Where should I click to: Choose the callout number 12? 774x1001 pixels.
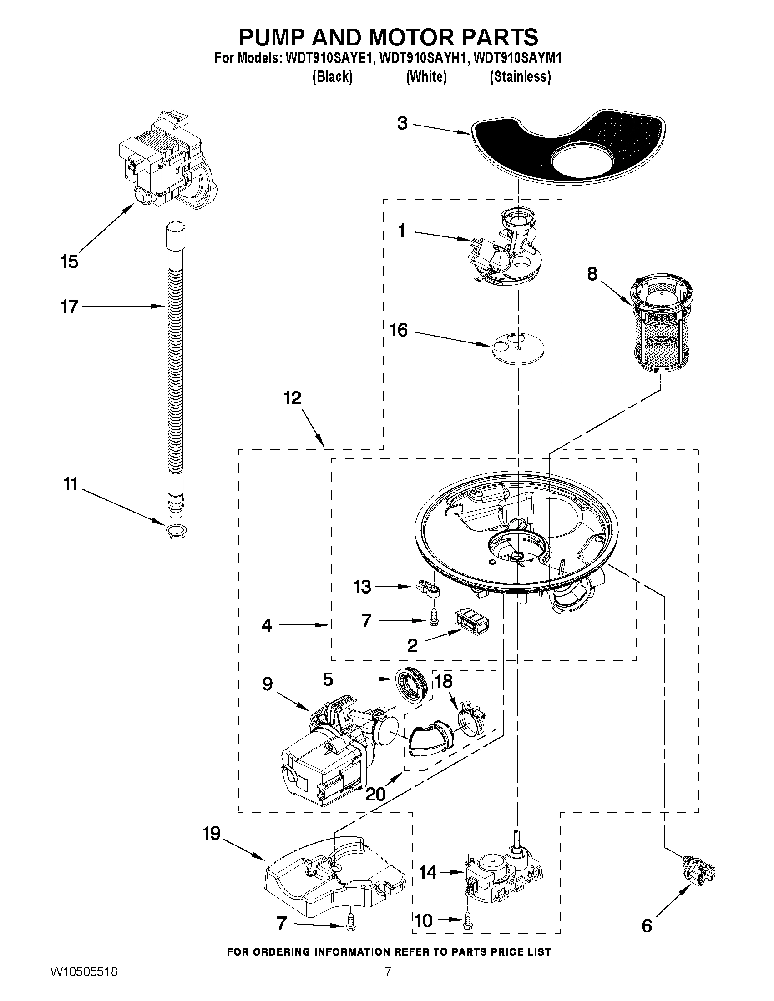pos(292,398)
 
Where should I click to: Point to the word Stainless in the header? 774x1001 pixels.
pos(521,77)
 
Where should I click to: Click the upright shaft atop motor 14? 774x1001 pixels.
pos(517,838)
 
